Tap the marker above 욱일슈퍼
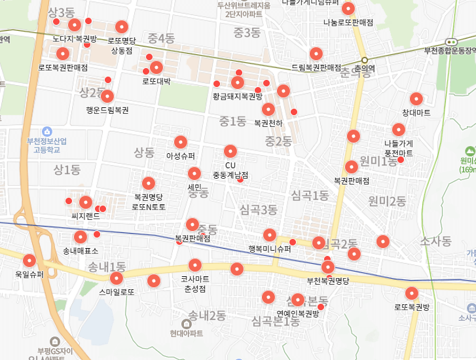click(29, 261)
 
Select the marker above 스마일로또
click(153, 281)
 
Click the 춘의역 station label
click(364, 68)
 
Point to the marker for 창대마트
click(416, 99)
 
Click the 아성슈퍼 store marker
click(181, 141)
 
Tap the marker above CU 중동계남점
click(230, 151)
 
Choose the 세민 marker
click(194, 173)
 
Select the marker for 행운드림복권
click(107, 96)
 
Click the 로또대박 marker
click(156, 67)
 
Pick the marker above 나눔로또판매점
click(348, 9)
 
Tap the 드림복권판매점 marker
click(316, 53)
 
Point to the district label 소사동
click(435, 242)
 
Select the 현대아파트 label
click(186, 333)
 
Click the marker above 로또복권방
click(412, 293)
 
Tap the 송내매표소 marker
click(80, 237)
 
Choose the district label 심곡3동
click(259, 209)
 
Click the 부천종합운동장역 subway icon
click(450, 41)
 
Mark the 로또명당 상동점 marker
click(122, 27)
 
